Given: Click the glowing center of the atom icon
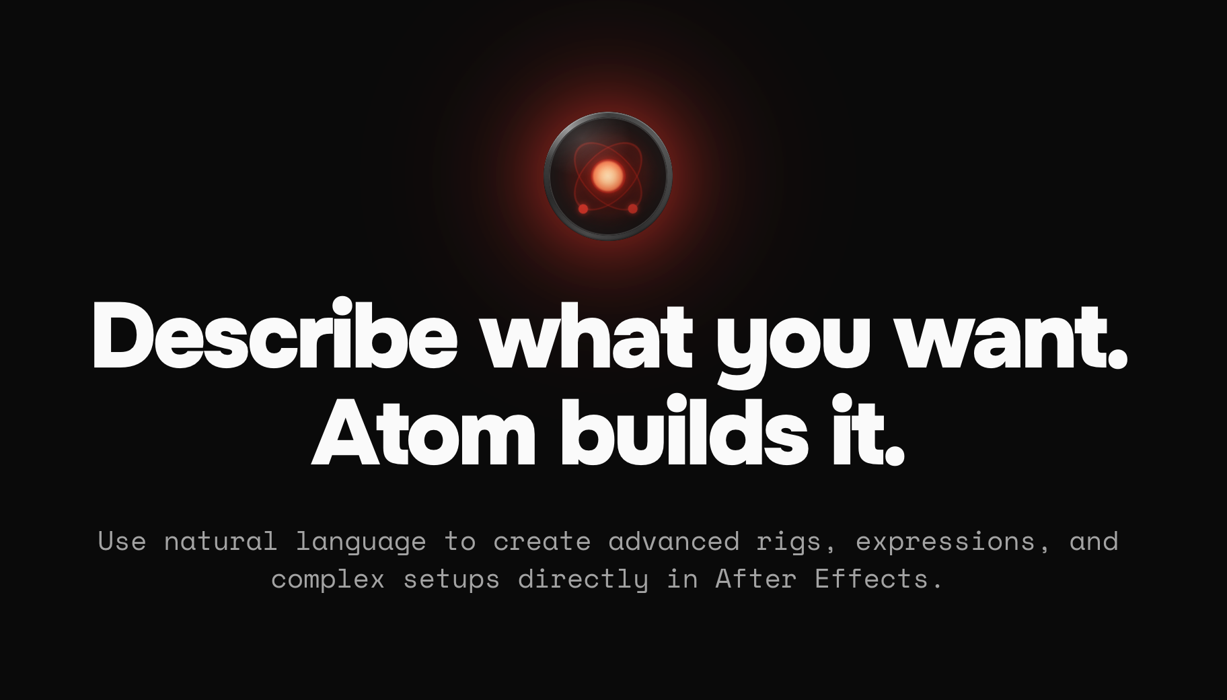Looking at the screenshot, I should [607, 176].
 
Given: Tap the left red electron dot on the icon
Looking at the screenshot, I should [583, 209].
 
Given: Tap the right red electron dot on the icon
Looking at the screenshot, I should [632, 209].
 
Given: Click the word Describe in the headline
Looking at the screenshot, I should [274, 335].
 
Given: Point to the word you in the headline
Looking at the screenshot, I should [793, 340].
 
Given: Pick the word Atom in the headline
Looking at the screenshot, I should [423, 433].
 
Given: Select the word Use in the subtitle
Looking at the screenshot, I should [122, 541].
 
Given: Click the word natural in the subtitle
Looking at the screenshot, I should [220, 541].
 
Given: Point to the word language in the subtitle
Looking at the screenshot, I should [361, 542].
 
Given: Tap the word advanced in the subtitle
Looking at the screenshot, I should [673, 541].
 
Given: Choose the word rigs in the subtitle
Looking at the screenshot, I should [788, 542].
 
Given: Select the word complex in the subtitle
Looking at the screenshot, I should [328, 580].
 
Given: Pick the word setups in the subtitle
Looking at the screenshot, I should [451, 580].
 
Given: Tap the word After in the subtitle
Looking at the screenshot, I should [755, 578].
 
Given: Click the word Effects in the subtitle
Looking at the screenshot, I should [871, 578].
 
